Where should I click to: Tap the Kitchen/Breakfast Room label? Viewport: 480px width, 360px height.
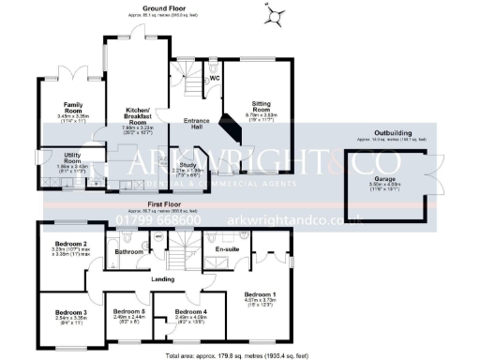click(x=139, y=115)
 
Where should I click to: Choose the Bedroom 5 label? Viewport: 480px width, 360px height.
click(x=128, y=312)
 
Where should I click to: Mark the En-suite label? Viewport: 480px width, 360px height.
click(x=229, y=250)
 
